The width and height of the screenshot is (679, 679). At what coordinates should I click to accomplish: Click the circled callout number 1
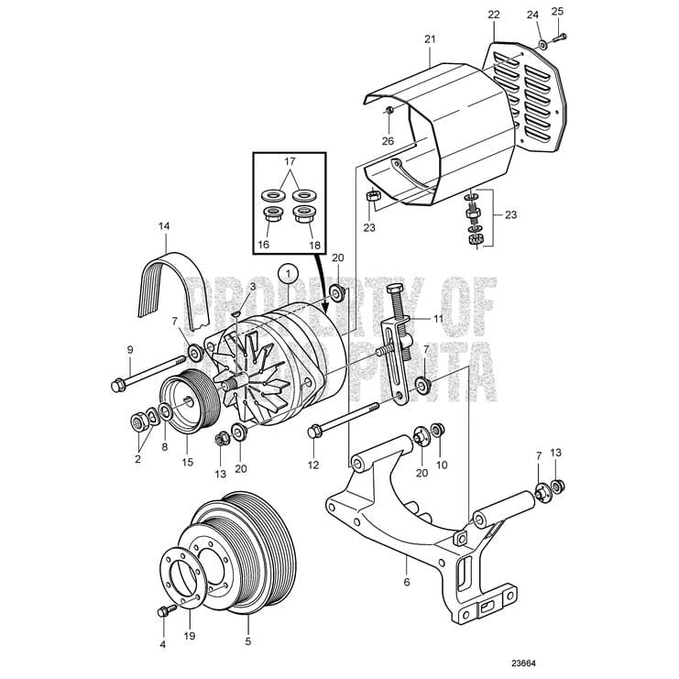288,272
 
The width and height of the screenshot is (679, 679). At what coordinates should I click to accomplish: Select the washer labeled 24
542,43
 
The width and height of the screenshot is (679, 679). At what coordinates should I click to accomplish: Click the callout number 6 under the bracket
407,581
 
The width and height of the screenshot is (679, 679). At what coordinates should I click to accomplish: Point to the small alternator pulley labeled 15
183,404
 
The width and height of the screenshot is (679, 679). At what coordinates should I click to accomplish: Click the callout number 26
389,140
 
